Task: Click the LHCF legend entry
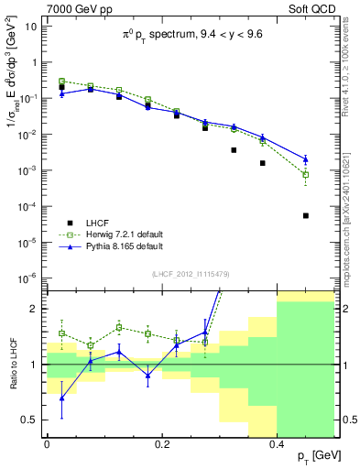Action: (x=100, y=223)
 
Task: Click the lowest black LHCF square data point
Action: (x=306, y=216)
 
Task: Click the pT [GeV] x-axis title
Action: (x=313, y=455)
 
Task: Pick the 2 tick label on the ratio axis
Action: (x=35, y=309)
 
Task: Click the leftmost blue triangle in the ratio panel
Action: (x=61, y=398)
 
